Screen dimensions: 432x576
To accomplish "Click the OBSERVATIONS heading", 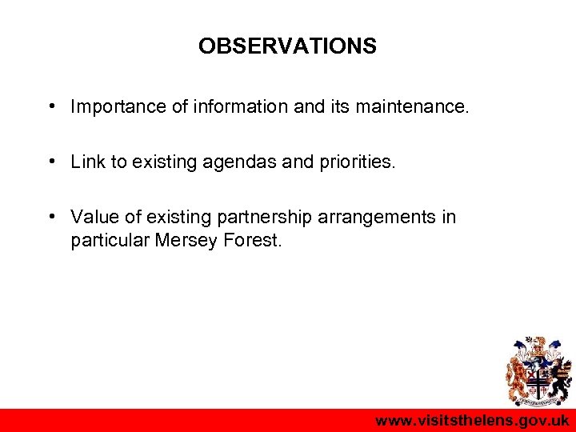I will click(x=287, y=46).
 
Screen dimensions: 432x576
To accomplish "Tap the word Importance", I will click(x=115, y=106).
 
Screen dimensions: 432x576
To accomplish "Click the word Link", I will click(x=87, y=162).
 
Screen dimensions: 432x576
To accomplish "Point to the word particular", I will click(x=106, y=240).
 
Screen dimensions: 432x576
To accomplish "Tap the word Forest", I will click(x=252, y=239).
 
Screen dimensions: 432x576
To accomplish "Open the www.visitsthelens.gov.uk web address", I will click(x=472, y=421).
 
